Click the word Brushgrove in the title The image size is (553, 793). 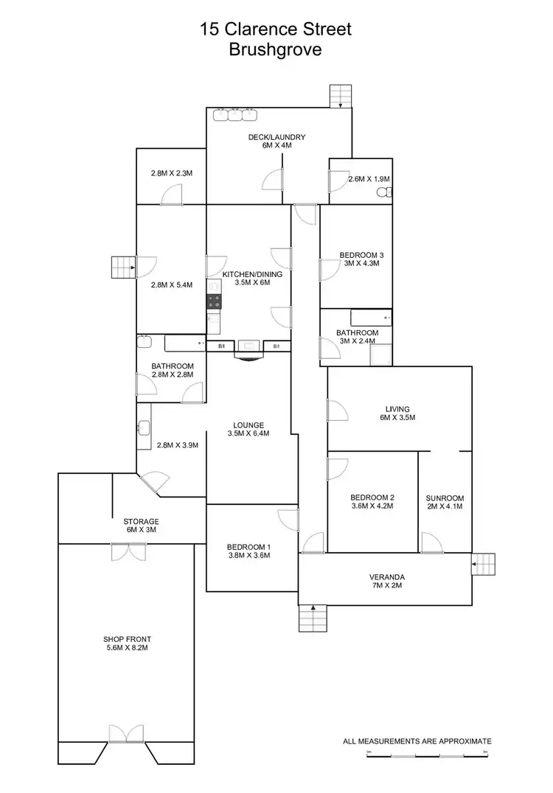(276, 51)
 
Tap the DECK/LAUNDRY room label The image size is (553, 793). (276, 137)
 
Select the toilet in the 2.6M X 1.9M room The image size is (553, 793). (383, 192)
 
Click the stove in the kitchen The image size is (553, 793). (213, 301)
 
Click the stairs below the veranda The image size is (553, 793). (313, 618)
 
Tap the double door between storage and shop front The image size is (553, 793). (122, 551)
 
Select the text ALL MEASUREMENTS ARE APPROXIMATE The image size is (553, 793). (417, 741)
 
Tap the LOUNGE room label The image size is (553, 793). (248, 425)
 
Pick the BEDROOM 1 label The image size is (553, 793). (248, 546)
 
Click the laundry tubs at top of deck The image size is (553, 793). (234, 114)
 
